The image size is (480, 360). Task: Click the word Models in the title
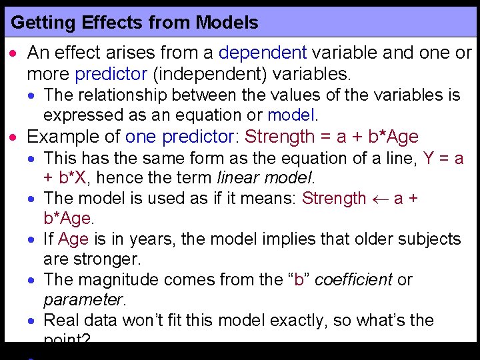(227, 23)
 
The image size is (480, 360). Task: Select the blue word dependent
(263, 53)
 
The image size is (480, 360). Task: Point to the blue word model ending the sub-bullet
(293, 115)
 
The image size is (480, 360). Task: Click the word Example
(59, 137)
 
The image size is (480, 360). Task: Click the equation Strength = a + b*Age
(331, 137)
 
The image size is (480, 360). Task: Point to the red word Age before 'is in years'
(73, 239)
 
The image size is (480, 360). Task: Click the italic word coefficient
(353, 279)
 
